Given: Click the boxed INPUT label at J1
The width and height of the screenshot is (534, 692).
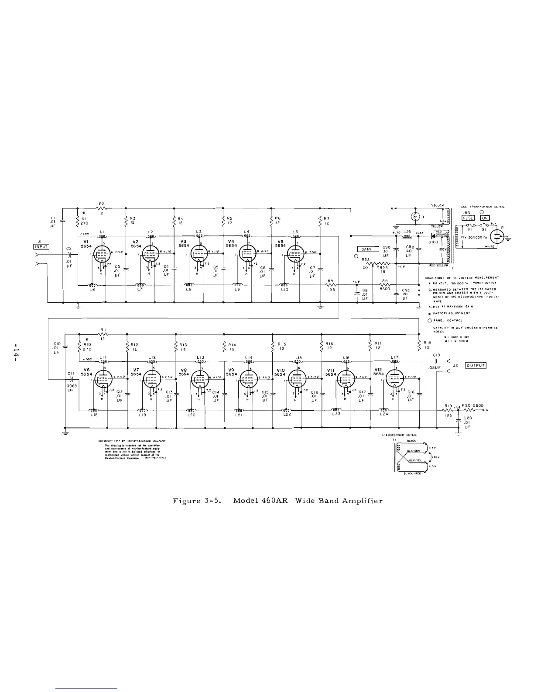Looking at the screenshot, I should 41,246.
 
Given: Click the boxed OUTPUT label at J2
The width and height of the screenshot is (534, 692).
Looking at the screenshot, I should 476,365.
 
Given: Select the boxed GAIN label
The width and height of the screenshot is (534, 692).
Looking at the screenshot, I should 366,249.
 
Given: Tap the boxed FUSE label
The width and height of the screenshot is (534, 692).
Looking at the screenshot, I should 468,218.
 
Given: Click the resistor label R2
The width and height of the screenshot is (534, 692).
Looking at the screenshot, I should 101,203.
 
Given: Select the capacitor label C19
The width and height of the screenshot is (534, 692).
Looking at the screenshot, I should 437,355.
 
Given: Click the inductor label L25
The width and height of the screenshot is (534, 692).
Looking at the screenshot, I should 407,232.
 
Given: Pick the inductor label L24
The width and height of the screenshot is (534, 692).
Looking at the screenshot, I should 384,414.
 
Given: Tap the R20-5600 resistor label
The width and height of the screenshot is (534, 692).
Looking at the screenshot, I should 472,405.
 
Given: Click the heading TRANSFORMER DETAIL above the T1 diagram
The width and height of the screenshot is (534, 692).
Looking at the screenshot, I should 399,435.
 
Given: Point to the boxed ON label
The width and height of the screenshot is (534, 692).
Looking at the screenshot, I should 485,218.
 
